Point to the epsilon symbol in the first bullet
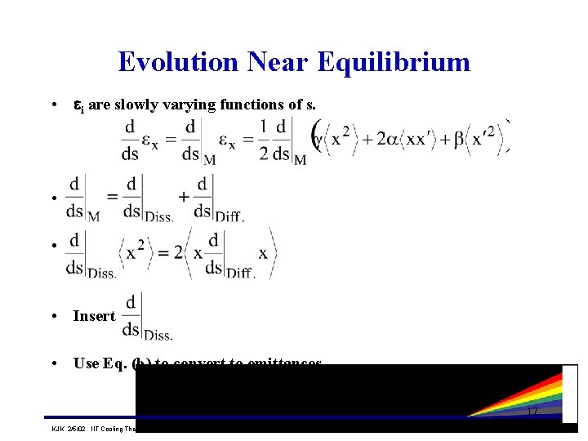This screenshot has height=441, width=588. pyautogui.click(x=79, y=105)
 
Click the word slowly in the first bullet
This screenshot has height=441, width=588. pyautogui.click(x=143, y=105)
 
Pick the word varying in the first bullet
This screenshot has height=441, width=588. pyautogui.click(x=193, y=105)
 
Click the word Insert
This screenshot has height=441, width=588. pyautogui.click(x=94, y=316)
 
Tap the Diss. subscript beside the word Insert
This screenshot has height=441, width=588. pyautogui.click(x=158, y=335)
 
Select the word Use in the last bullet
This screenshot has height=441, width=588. pyautogui.click(x=86, y=363)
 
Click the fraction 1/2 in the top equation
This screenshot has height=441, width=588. pyautogui.click(x=263, y=140)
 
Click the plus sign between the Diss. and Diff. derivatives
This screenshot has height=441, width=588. pyautogui.click(x=184, y=197)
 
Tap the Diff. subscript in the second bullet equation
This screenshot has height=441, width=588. pyautogui.click(x=229, y=216)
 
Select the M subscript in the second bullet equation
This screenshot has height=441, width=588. pyautogui.click(x=93, y=216)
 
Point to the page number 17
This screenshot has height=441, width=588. pyautogui.click(x=532, y=411)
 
